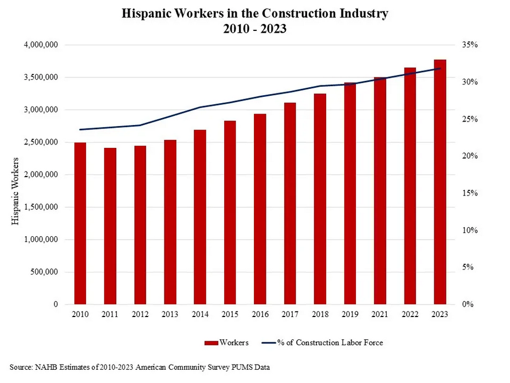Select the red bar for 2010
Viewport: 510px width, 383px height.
[80, 224]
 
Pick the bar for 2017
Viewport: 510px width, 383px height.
[290, 204]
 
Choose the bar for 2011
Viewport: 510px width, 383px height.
[110, 226]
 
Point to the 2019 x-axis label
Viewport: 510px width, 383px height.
[350, 314]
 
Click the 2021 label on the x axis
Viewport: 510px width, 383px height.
[379, 314]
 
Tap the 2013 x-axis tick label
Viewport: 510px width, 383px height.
[170, 314]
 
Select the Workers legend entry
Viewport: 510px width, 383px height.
[226, 343]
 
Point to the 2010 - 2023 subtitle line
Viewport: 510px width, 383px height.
[255, 29]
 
